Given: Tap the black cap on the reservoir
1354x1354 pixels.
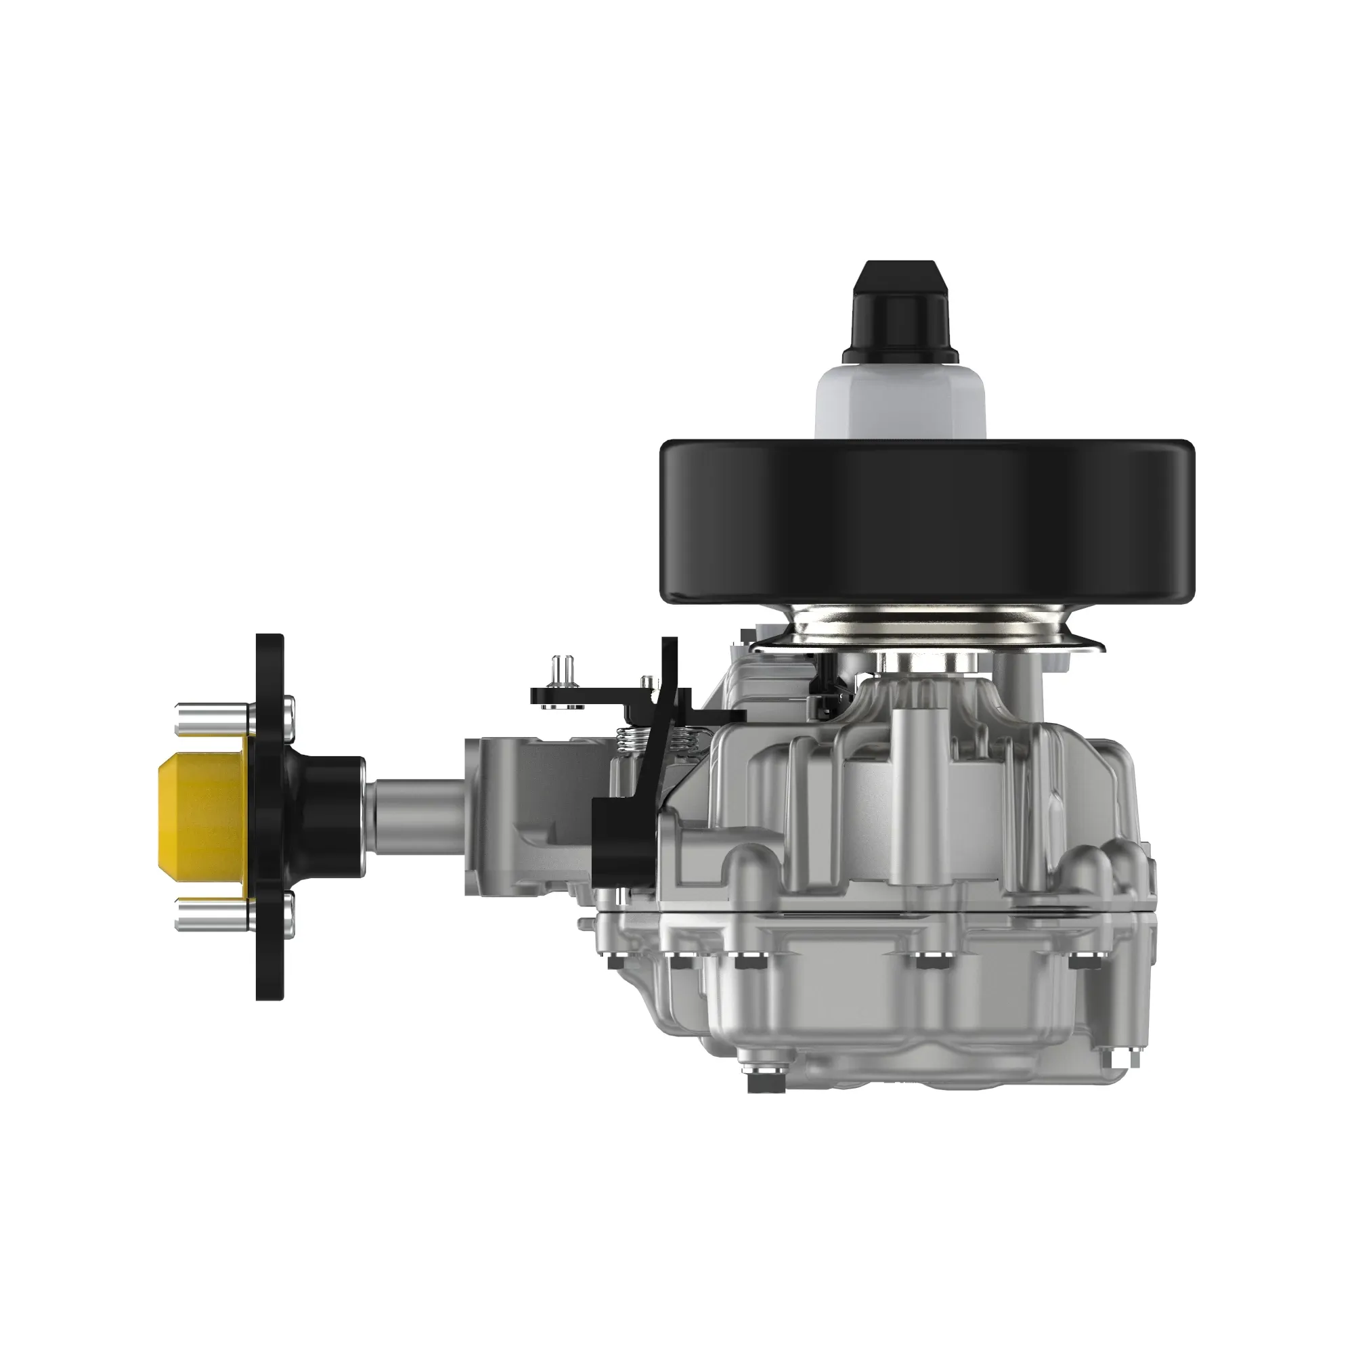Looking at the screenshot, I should tap(900, 311).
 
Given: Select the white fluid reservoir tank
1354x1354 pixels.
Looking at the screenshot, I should tap(900, 401).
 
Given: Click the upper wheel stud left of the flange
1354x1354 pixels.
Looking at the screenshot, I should tap(209, 719).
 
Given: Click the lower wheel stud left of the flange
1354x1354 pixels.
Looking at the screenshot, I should tap(209, 914).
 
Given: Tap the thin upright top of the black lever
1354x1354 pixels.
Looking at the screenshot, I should tap(670, 662).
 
